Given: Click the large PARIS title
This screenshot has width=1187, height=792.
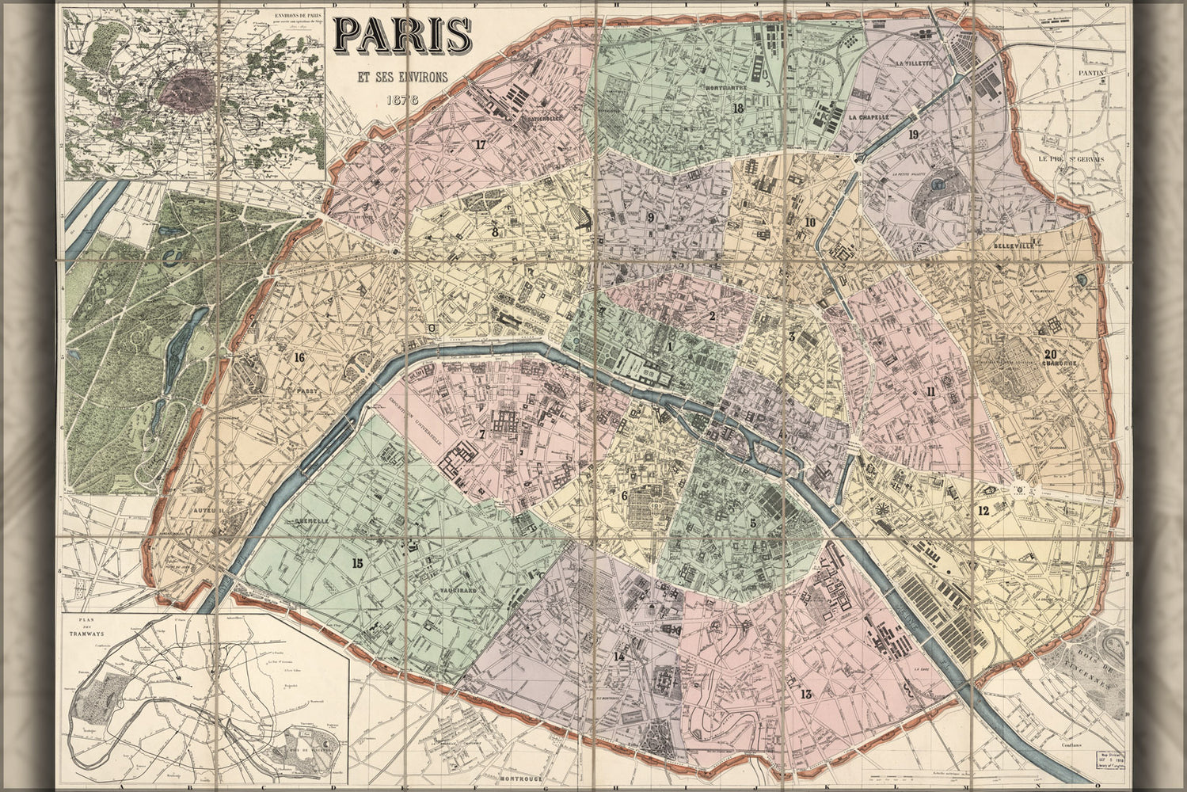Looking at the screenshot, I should pos(403,34).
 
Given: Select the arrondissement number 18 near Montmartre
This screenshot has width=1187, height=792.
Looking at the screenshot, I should pos(738,109).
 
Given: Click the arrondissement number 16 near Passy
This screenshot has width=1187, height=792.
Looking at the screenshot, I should pos(299,357).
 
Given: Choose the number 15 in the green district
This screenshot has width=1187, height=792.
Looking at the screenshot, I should pos(357,563).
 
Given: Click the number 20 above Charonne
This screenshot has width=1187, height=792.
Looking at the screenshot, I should pos(1049,354).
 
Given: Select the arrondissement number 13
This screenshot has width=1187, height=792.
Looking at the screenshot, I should pos(806,695).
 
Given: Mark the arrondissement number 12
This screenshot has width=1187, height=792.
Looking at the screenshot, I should pos(983,511).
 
